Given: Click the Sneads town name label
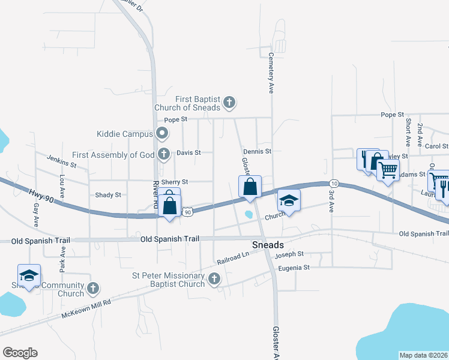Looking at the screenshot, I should point(267,245).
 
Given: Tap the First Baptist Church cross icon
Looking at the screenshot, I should point(229,103).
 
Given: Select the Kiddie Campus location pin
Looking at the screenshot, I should point(161,133).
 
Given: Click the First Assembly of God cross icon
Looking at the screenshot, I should point(163,154).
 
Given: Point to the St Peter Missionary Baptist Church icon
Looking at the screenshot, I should point(213,279).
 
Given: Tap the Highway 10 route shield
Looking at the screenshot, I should point(334,183).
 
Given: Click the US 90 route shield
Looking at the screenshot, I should point(188,212).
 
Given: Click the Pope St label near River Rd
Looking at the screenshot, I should point(176,119).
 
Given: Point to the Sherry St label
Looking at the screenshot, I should point(176,182).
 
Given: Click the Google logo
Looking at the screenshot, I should point(20,353).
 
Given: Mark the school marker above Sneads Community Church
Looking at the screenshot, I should point(29,275).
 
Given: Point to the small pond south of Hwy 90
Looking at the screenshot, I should point(249,214).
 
